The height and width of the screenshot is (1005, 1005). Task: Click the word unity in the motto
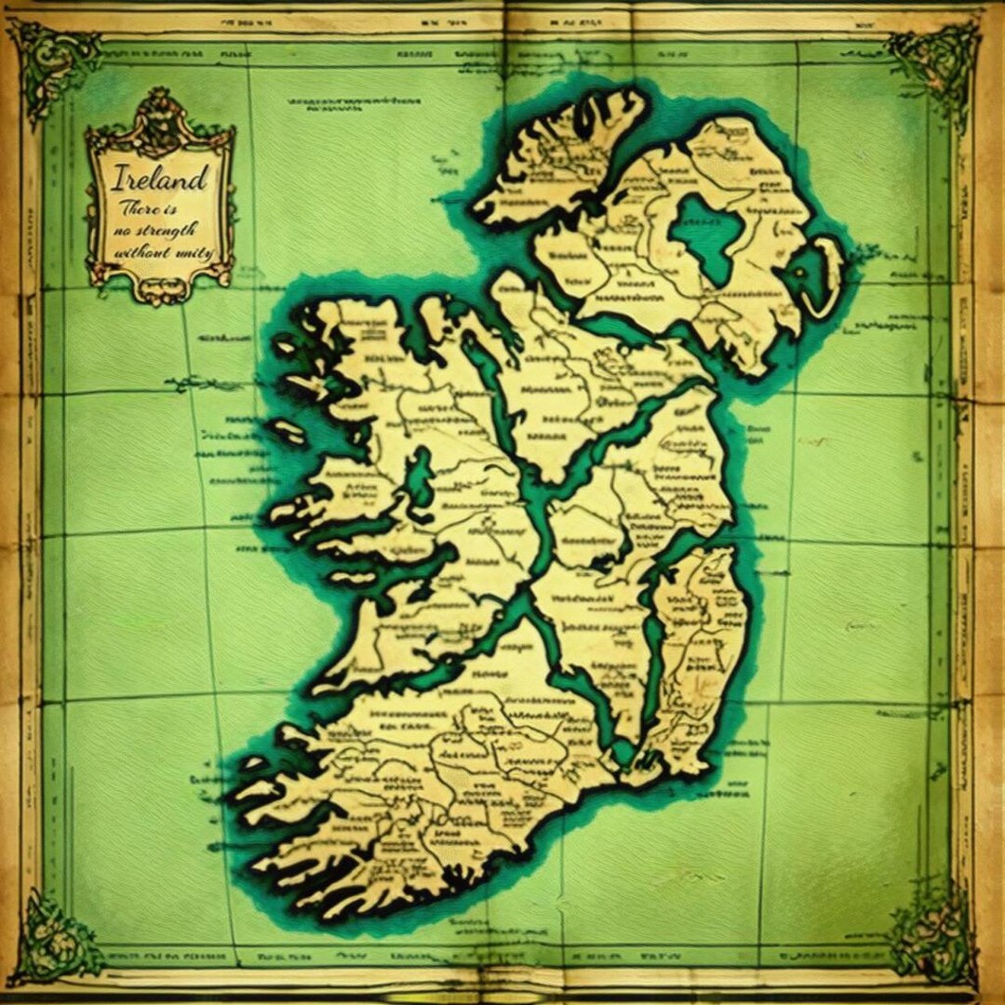tap(195, 252)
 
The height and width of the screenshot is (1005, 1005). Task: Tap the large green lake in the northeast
tap(707, 237)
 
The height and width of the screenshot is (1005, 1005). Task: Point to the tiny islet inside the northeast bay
tap(801, 270)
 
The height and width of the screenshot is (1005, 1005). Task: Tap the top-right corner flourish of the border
tap(935, 60)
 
